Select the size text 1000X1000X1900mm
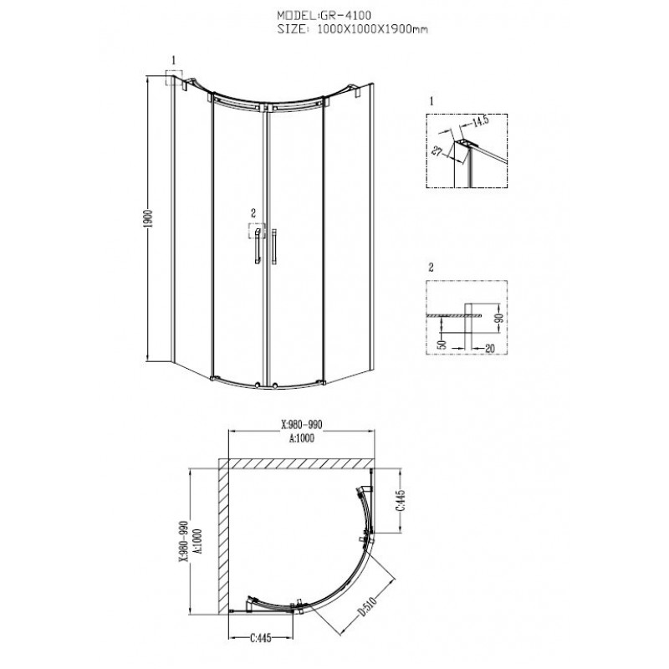tap(373, 29)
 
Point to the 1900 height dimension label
tap(149, 219)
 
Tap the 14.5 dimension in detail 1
tap(480, 121)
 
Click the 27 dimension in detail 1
tap(437, 151)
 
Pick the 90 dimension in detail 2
tap(499, 317)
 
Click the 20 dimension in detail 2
tap(489, 349)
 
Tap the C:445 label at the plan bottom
tap(260, 638)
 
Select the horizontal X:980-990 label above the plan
tap(302, 425)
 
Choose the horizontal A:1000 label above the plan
tap(302, 438)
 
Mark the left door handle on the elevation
tap(258, 246)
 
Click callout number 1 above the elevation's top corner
tap(174, 61)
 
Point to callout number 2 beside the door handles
tap(253, 213)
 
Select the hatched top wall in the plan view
tap(297, 464)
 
